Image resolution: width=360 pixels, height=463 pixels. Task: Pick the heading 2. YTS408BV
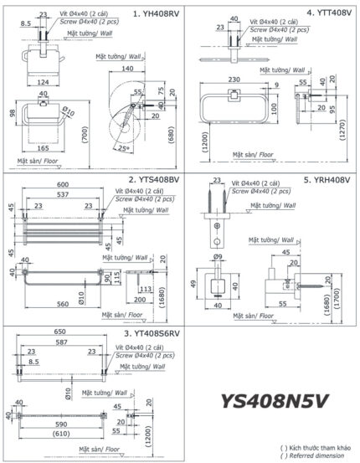click(x=154, y=179)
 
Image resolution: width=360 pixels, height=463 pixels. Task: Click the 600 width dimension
click(x=63, y=186)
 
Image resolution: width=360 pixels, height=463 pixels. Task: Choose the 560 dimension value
click(x=61, y=305)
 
